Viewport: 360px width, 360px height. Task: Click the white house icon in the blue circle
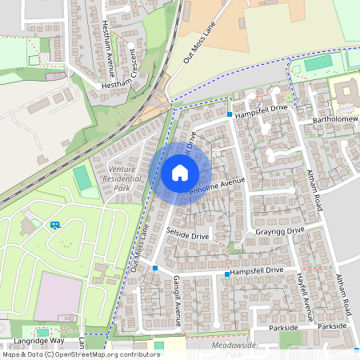pos(180,172)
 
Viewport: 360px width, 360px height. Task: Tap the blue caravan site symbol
pos(55,225)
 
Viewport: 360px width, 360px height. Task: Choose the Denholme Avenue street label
pos(214,187)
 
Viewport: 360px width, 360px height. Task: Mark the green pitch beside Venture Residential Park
pos(82,178)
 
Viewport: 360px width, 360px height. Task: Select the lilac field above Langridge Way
pos(57,295)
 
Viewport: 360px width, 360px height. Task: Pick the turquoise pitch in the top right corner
pos(318,62)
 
